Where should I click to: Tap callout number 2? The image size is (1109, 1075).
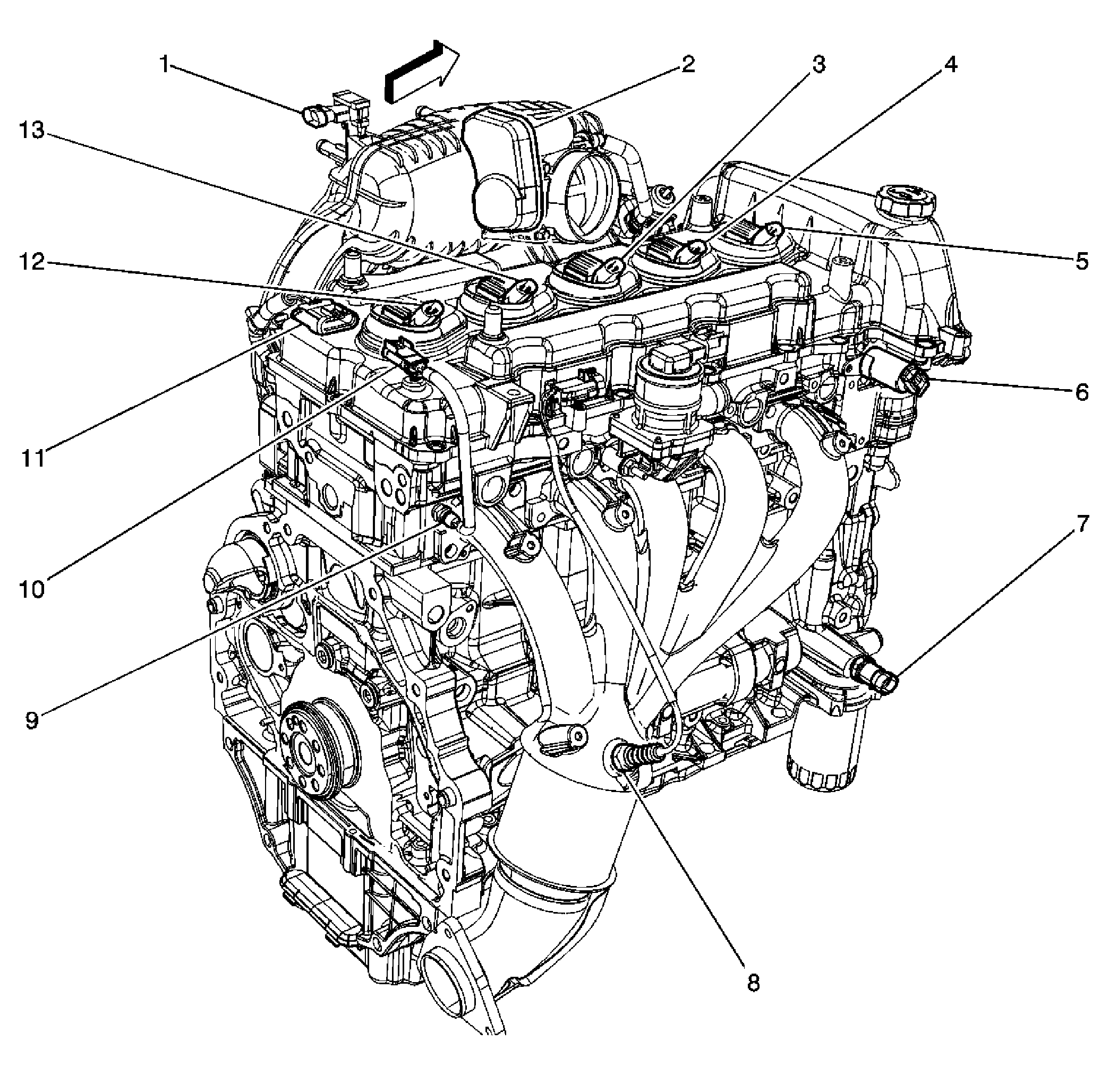click(687, 64)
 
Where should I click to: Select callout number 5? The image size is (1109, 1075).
click(1081, 261)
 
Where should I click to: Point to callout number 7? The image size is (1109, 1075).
click(1081, 525)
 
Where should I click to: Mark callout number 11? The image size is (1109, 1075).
click(33, 457)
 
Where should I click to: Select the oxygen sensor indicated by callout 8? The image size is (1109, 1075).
click(634, 755)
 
